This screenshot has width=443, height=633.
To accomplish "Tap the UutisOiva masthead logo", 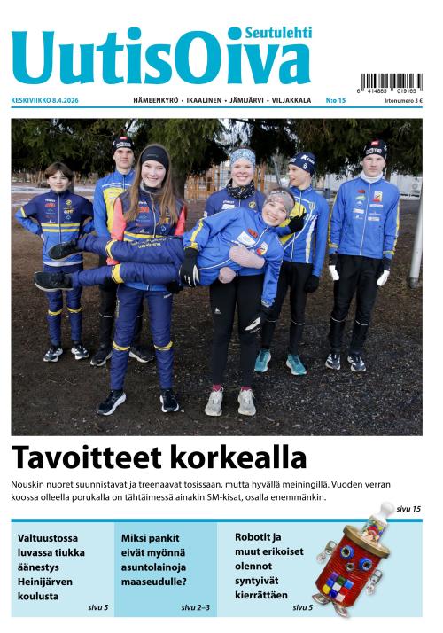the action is click(x=159, y=59).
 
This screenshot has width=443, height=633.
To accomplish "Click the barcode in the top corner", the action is click(x=391, y=82).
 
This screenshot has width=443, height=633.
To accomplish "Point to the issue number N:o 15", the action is click(x=335, y=101).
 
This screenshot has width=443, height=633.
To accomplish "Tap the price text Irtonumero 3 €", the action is click(x=403, y=101).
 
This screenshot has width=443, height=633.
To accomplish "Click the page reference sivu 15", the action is click(x=408, y=509).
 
